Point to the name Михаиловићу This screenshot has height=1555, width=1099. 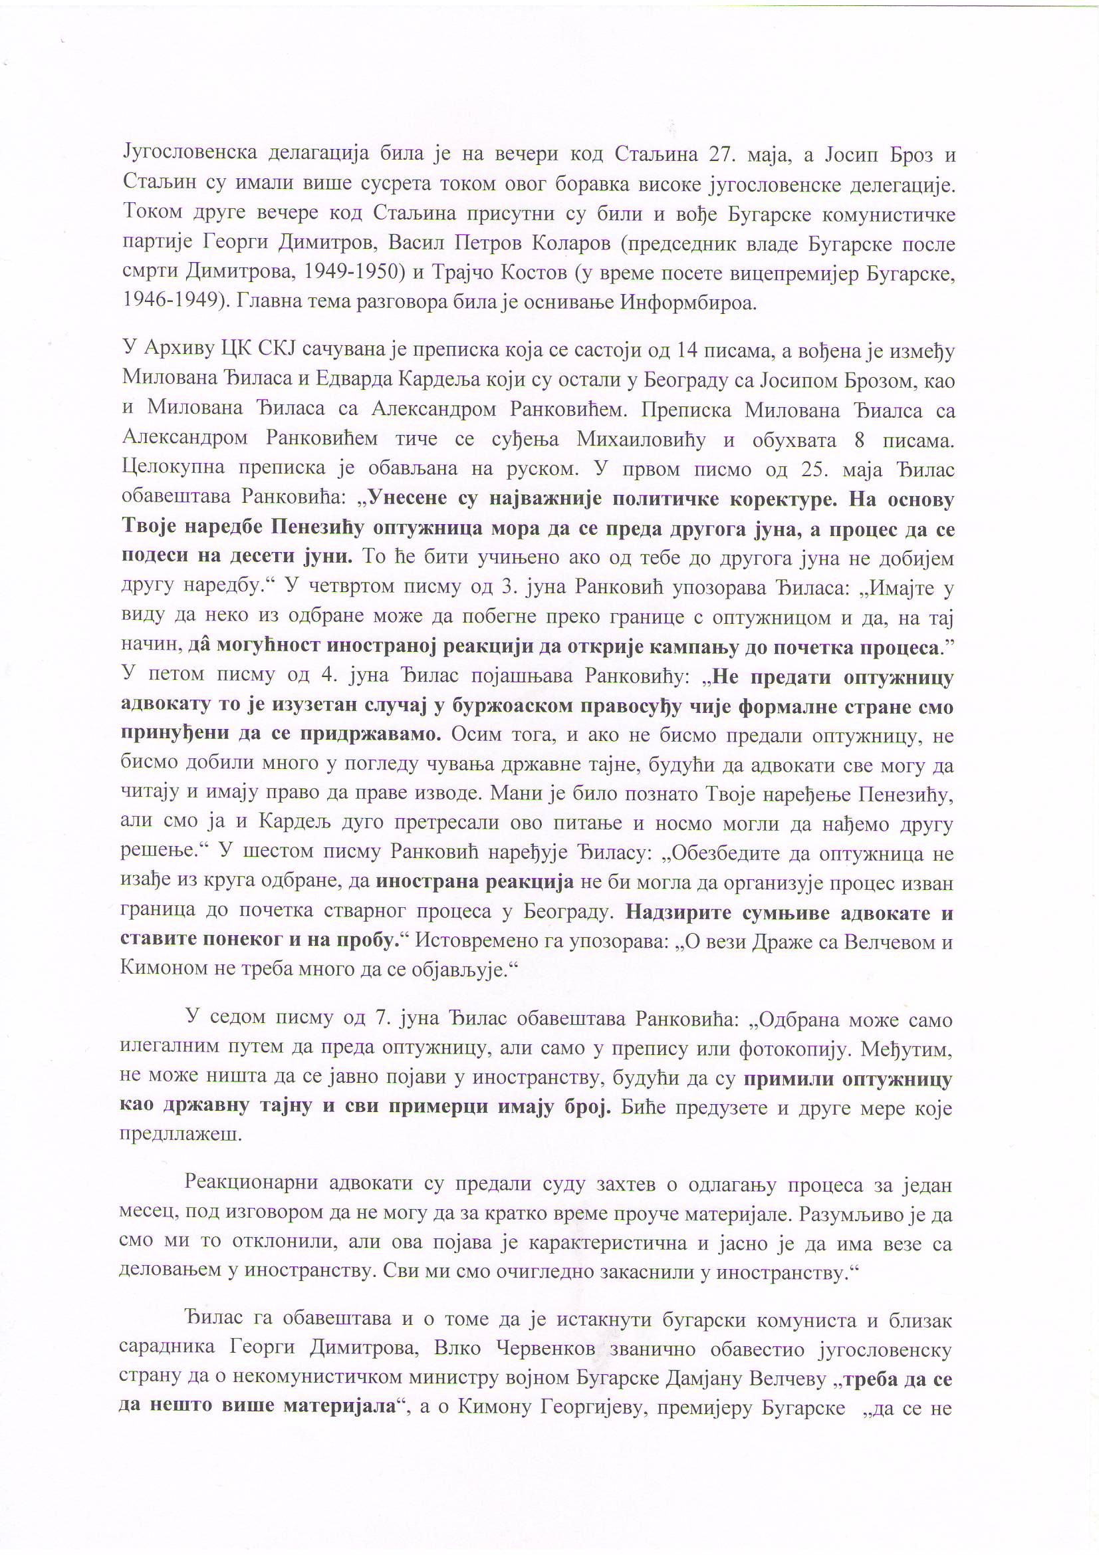coord(640,440)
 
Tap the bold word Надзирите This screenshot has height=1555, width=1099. coord(677,913)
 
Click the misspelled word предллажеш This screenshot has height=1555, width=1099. coord(180,1135)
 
